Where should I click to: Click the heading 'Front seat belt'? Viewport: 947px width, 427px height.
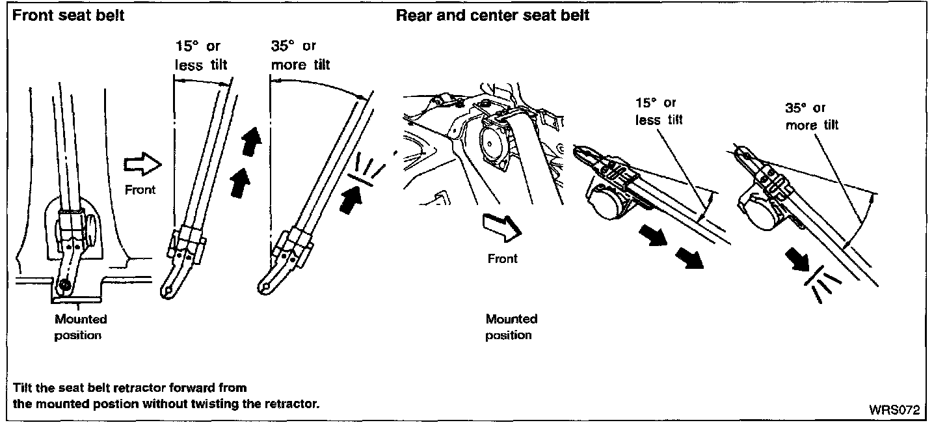coord(68,16)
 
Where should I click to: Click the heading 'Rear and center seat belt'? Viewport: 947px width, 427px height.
coord(492,16)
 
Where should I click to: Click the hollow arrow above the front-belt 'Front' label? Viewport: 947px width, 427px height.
coord(141,166)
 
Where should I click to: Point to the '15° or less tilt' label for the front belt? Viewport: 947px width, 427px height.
coord(202,55)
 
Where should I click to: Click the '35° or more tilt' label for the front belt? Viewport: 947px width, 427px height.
coord(300,55)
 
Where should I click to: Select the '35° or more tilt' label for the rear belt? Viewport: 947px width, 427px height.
coord(812,116)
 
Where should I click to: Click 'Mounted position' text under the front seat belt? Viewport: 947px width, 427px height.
coord(81,327)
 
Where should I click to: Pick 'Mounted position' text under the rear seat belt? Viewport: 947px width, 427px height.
coord(511,327)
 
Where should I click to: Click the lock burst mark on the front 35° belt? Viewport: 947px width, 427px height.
coord(368,171)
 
